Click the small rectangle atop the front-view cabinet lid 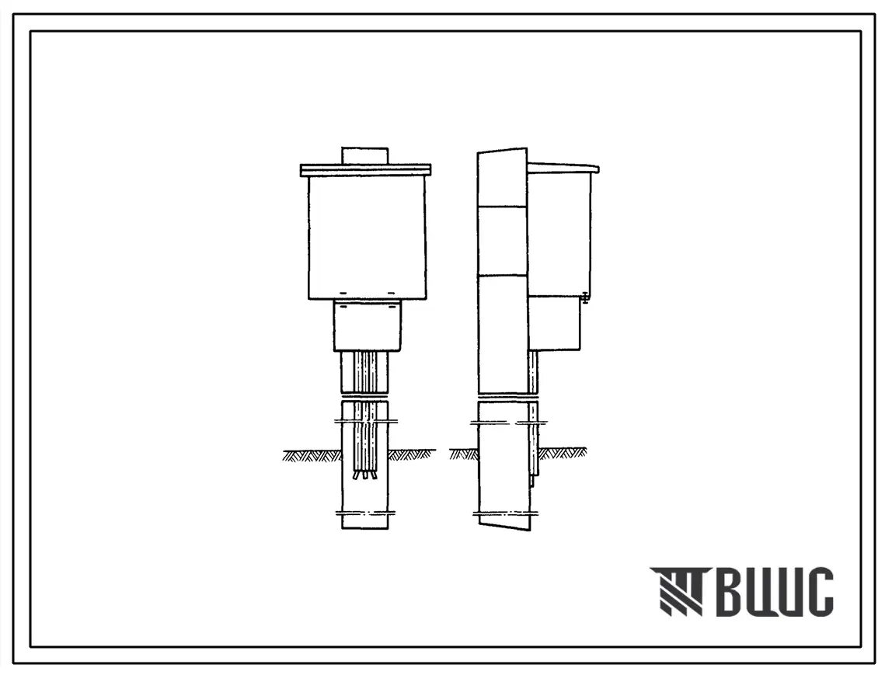(365, 156)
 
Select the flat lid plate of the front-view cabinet (365, 169)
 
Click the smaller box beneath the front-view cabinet (367, 325)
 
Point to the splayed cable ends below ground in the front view (365, 475)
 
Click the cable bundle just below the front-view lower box (365, 373)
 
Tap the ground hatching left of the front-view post (312, 455)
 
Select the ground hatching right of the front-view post (412, 455)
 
